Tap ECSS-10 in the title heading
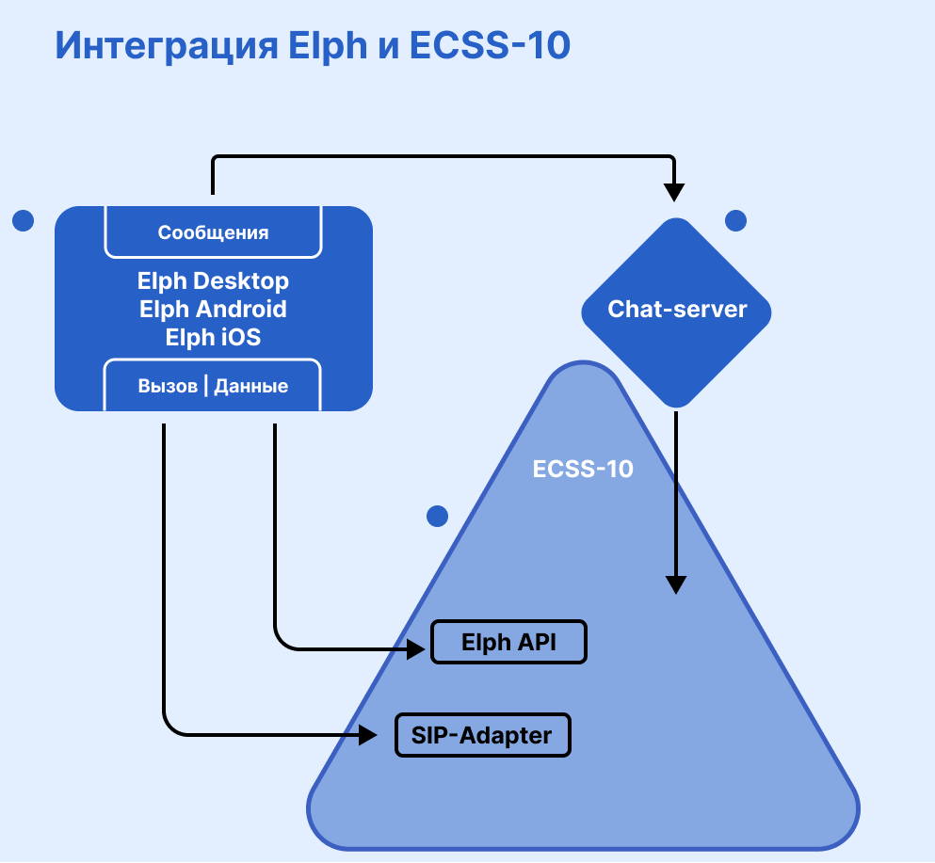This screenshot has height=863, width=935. [491, 46]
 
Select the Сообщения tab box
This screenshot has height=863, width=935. [213, 232]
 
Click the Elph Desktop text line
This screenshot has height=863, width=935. [213, 280]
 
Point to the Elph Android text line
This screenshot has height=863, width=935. [213, 309]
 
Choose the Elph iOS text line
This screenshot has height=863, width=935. [213, 337]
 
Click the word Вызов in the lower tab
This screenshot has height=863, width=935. [168, 386]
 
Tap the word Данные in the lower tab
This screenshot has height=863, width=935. [251, 386]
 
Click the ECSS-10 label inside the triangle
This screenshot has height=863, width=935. [583, 469]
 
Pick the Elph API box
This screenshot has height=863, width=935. [508, 643]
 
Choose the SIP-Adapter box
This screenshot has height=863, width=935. [482, 734]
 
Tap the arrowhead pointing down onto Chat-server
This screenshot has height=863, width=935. [673, 191]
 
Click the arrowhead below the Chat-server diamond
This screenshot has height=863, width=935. [674, 583]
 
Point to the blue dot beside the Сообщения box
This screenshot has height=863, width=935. [23, 220]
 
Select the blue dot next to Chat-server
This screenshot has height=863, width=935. [735, 220]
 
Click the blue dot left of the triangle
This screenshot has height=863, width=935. [437, 516]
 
